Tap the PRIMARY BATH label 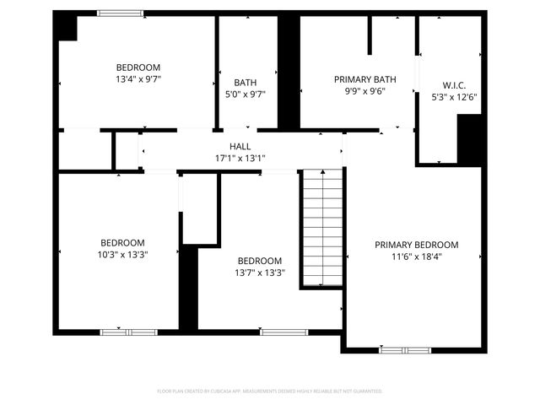(x=359, y=78)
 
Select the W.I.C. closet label (x=454, y=84)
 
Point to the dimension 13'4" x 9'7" (x=138, y=78)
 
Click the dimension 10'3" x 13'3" (x=122, y=254)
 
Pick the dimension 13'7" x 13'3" (x=259, y=273)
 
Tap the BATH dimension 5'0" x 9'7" (x=246, y=94)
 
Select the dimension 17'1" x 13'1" (x=240, y=158)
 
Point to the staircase (x=323, y=226)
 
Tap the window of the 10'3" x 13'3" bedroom (x=117, y=332)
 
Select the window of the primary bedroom (x=405, y=349)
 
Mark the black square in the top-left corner (x=65, y=27)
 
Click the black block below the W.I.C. (x=469, y=139)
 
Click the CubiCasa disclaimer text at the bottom (x=270, y=391)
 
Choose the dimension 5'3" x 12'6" (x=454, y=96)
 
